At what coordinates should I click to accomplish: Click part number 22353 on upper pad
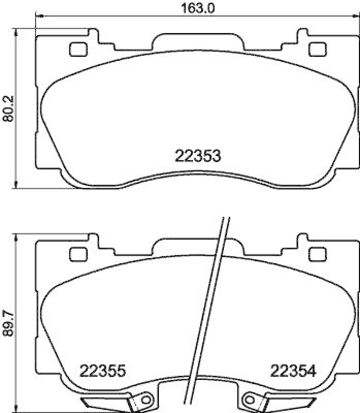pos(198,155)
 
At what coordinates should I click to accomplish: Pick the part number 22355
pos(103,370)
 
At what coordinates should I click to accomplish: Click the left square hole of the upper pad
pos(78,50)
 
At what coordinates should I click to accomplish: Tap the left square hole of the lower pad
pos(78,254)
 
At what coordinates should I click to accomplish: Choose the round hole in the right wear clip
pos(251,399)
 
